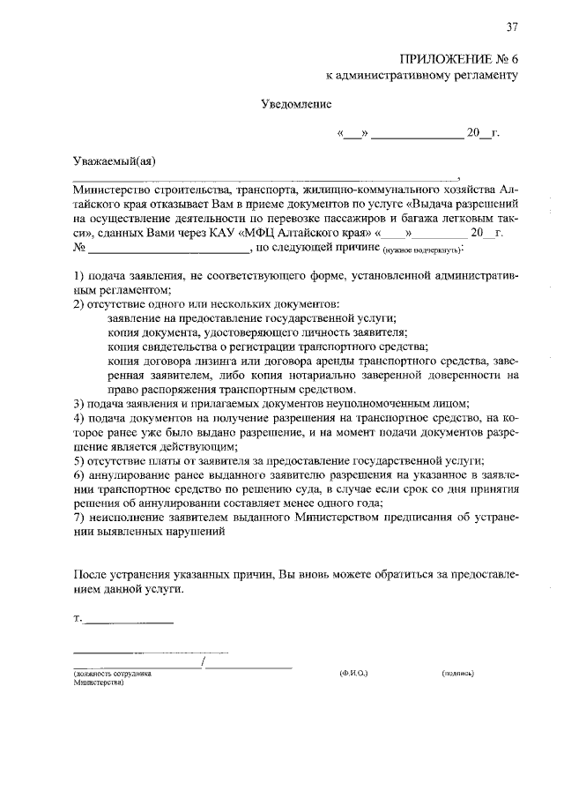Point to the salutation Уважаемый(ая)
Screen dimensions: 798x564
[113, 161]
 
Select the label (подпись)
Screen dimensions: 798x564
[458, 673]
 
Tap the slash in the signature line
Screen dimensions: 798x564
[204, 661]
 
